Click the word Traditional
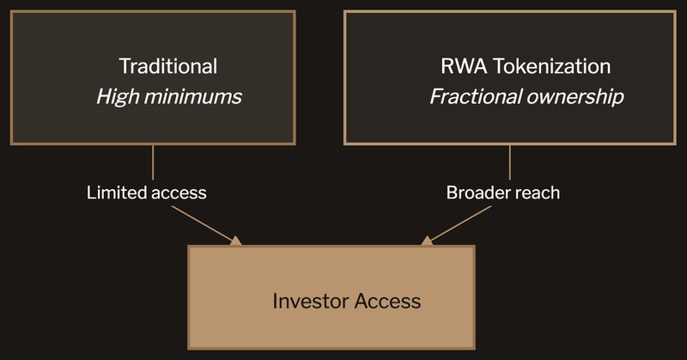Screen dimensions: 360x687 [x=167, y=66]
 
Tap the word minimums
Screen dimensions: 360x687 [x=192, y=95]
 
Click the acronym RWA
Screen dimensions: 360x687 [x=459, y=66]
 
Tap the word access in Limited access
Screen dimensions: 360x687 [x=179, y=192]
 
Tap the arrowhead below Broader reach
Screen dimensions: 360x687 [x=427, y=241]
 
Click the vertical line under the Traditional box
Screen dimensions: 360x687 [x=153, y=162]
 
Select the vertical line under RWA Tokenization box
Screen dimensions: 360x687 [x=510, y=162]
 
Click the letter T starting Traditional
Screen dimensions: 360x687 [x=124, y=66]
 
